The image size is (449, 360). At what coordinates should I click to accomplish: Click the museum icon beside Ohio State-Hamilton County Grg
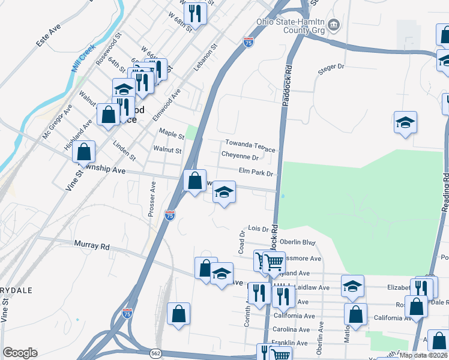pos(335,25)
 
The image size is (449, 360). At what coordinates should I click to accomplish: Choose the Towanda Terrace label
pos(250,146)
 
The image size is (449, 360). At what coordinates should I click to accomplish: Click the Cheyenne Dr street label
pos(240,157)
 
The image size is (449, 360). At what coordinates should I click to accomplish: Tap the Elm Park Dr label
pos(256,173)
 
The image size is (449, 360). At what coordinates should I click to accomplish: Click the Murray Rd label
pos(92,245)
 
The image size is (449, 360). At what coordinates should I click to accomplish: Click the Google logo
pos(20,353)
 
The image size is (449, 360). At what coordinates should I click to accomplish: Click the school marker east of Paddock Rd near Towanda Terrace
pos(405,122)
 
